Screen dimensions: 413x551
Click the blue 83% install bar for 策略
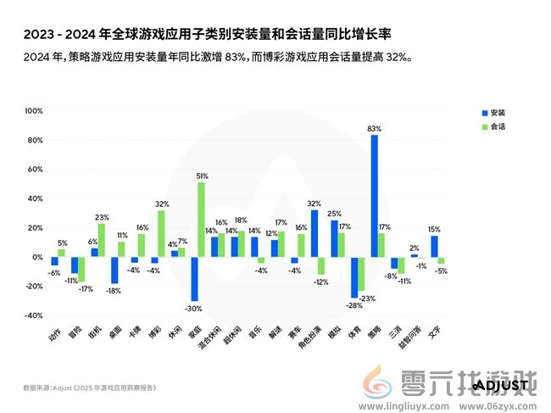pos(375,196)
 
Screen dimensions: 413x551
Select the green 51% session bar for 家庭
pos(201,220)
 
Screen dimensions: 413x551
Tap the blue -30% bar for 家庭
pos(194,279)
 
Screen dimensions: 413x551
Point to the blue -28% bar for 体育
pos(354,277)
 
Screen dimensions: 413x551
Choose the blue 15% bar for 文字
pos(434,246)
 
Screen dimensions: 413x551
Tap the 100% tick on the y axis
pos(33,111)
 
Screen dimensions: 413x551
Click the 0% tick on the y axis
pos(36,257)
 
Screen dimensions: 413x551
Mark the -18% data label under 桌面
pos(114,290)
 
